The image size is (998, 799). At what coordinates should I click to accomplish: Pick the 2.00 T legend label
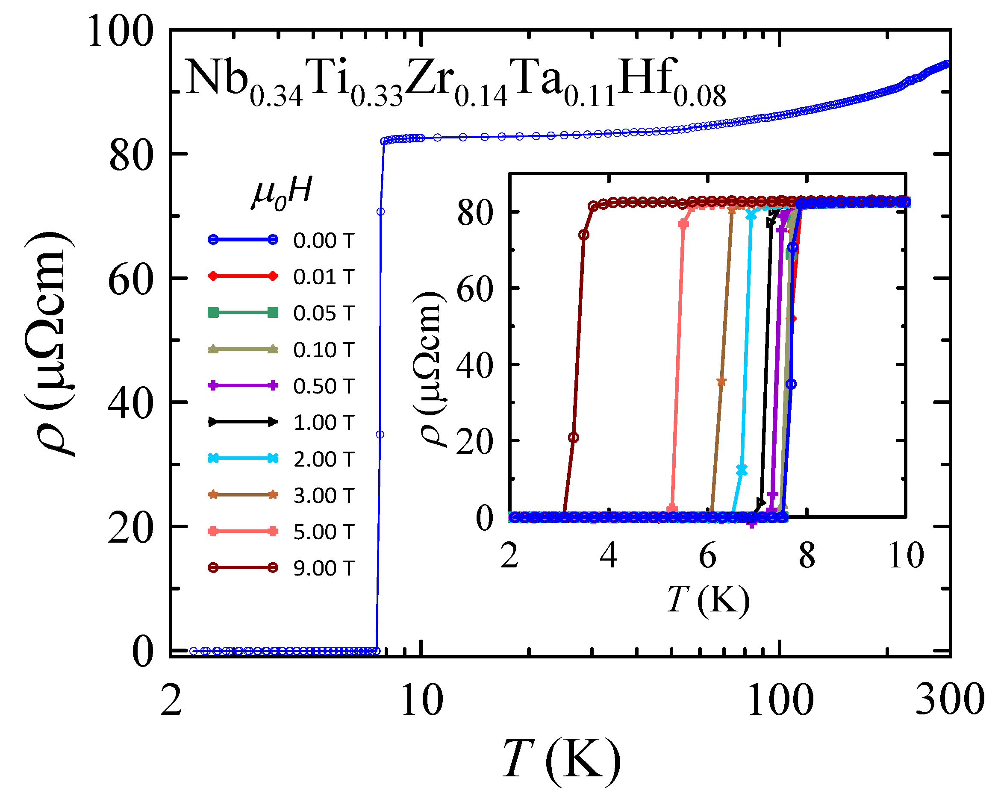(323, 459)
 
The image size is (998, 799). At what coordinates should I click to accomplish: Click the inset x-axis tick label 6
(707, 556)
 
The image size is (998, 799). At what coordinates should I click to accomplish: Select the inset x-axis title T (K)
(708, 600)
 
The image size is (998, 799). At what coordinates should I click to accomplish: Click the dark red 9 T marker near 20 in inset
(574, 438)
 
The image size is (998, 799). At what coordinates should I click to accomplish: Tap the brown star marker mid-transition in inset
(721, 382)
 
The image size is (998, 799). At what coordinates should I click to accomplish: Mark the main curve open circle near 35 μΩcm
(380, 435)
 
